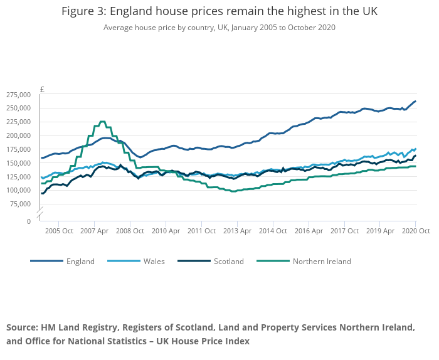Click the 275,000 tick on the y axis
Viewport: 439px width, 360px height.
18,95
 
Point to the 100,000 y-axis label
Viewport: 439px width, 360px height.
18,191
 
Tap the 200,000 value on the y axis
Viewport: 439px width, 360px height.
18,135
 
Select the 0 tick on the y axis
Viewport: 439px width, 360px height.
29,221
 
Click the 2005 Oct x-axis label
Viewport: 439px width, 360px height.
58,231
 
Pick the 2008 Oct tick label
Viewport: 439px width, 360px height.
130,231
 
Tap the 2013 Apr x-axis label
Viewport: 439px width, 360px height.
237,231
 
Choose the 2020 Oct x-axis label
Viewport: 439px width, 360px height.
416,231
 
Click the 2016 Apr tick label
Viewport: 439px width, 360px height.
309,231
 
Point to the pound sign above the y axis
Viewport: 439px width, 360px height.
42,89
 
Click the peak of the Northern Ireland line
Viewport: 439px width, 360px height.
102,122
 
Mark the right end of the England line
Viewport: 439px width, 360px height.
416,102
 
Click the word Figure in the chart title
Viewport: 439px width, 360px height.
78,12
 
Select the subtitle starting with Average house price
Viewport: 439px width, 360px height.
219,28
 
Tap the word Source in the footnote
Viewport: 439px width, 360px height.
21,328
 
